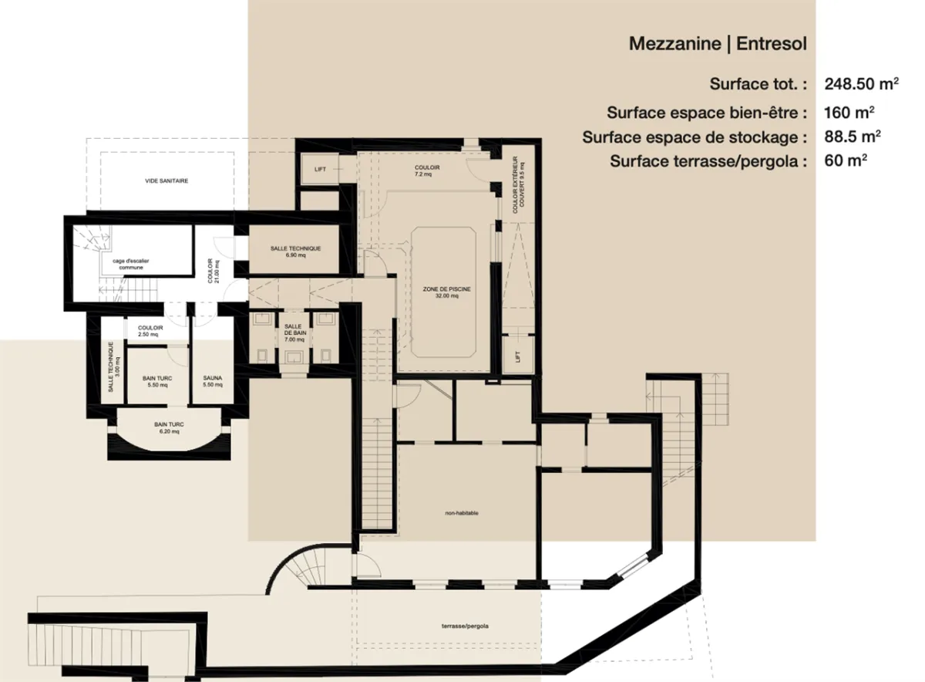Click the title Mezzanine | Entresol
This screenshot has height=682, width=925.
[718, 44]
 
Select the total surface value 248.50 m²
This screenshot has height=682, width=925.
[861, 83]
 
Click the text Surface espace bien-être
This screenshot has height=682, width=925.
[706, 113]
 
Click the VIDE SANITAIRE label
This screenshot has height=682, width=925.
[166, 181]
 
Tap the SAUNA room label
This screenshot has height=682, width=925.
[213, 381]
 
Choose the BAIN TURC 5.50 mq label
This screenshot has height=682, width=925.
[157, 381]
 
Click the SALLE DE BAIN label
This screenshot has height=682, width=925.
[293, 333]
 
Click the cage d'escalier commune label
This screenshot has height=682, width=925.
[126, 265]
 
